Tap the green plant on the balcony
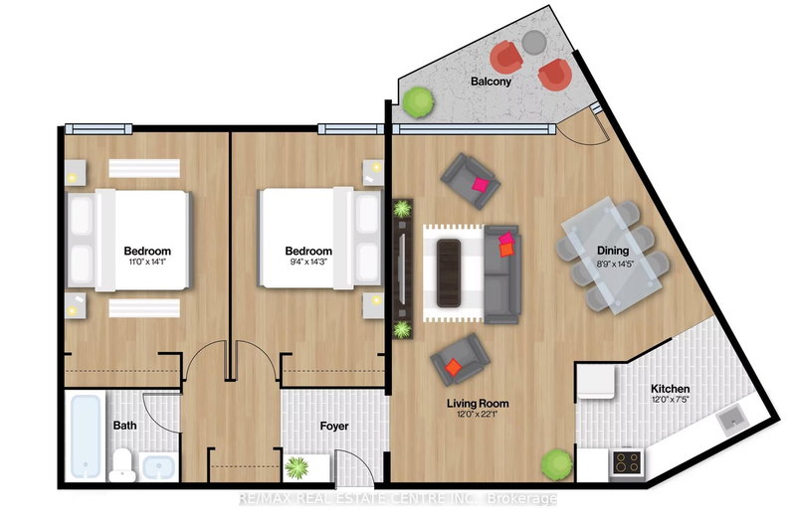[418, 100]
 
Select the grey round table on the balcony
[534, 43]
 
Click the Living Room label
[478, 404]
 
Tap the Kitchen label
[670, 389]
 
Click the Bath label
[124, 426]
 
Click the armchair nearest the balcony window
[468, 176]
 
